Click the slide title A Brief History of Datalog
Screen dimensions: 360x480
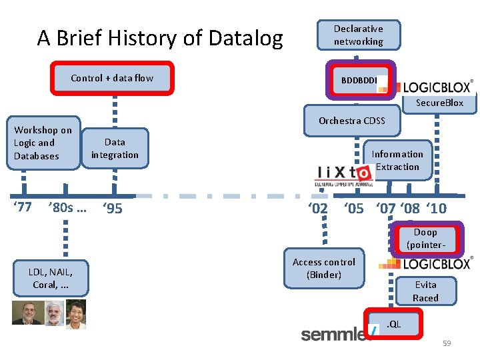[160, 38]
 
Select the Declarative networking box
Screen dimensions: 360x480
[358, 35]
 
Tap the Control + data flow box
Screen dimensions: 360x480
[112, 78]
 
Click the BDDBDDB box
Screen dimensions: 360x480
[359, 81]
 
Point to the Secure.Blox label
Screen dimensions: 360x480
[439, 103]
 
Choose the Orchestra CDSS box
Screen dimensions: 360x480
[351, 121]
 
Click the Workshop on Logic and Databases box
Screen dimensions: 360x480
[43, 143]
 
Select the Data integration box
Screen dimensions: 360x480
[115, 148]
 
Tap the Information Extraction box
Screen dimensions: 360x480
[397, 161]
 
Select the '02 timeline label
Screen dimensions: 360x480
[317, 209]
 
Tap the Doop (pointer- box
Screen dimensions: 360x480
[425, 239]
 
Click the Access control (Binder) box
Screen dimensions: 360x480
[324, 268]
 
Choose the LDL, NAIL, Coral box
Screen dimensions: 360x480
[50, 277]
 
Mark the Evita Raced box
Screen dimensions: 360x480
[425, 291]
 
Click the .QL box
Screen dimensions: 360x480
[393, 324]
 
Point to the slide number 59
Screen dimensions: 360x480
[447, 343]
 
